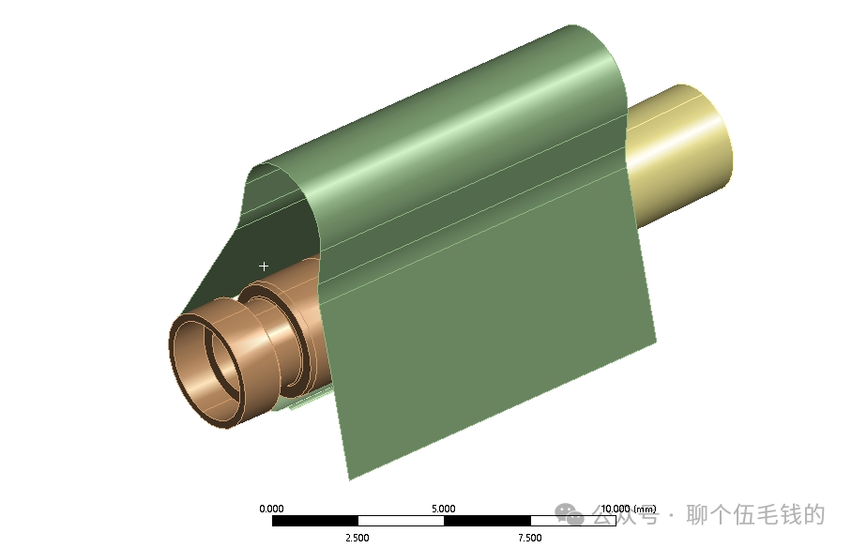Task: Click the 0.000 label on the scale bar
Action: (x=271, y=509)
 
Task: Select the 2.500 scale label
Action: (x=358, y=538)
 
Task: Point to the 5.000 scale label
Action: (x=444, y=509)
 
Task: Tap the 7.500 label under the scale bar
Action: (x=530, y=538)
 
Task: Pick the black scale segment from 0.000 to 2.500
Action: (x=314, y=521)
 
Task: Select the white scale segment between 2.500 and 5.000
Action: (x=401, y=521)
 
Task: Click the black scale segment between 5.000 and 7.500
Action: (x=487, y=521)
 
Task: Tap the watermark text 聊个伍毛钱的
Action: (x=756, y=515)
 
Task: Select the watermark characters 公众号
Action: (x=626, y=516)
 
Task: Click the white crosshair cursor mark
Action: (x=264, y=266)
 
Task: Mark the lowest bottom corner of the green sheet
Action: (x=349, y=479)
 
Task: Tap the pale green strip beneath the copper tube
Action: (x=310, y=403)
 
